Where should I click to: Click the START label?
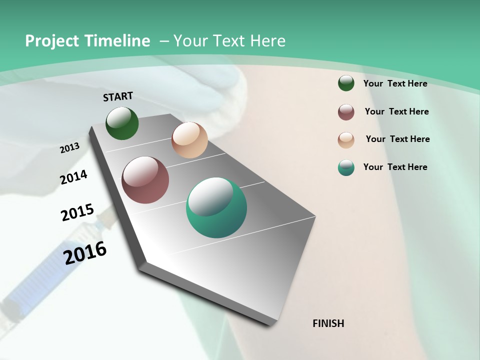[118, 96]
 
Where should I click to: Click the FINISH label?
[328, 323]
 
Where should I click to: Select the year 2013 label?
[70, 148]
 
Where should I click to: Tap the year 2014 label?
[74, 177]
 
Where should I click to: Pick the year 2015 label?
[77, 212]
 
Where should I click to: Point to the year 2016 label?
[85, 253]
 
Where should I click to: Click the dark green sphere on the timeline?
[122, 123]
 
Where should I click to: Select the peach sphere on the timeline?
[189, 140]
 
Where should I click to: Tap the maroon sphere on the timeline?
[145, 180]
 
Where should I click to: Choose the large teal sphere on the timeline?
[216, 207]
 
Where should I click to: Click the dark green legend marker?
[346, 83]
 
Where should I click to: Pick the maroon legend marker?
[346, 112]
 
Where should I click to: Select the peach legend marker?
[346, 140]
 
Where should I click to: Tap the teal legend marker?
[346, 167]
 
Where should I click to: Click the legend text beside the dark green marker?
[395, 83]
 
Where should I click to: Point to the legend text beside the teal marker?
[395, 167]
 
